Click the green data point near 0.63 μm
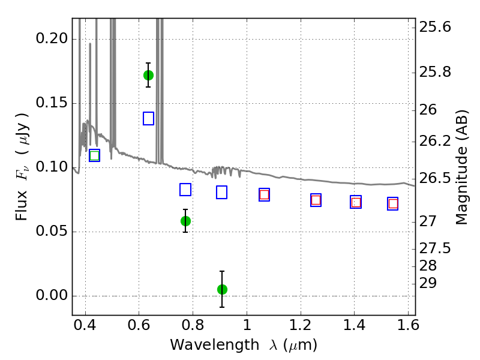[x=148, y=75]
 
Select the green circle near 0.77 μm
[x=185, y=221]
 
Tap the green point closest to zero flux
[x=222, y=289]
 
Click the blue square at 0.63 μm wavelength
[x=148, y=118]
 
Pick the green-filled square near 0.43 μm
[x=95, y=155]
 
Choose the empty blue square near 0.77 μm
[x=185, y=190]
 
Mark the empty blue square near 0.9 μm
[x=221, y=192]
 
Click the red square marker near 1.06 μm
[x=264, y=194]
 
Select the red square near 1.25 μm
[x=316, y=200]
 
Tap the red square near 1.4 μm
[x=356, y=202]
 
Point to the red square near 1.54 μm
[x=393, y=203]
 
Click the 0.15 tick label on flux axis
[x=52, y=103]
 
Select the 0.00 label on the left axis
[x=52, y=295]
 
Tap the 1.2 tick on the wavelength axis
[x=301, y=325]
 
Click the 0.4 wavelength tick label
[x=85, y=325]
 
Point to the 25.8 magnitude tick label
[x=435, y=72]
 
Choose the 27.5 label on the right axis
[x=435, y=248]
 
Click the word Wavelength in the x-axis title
[x=215, y=345]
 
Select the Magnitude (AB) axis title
[x=461, y=167]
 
